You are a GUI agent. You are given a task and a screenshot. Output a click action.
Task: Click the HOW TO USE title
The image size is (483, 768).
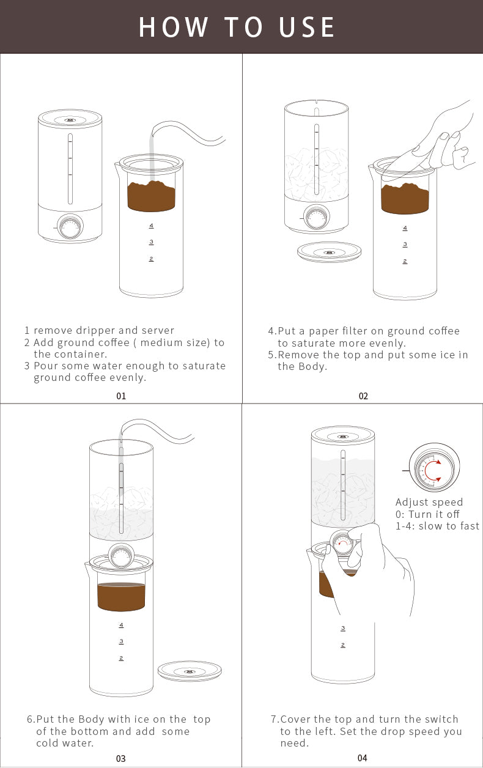point(237,27)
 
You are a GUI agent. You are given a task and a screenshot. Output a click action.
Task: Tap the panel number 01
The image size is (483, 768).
point(121,396)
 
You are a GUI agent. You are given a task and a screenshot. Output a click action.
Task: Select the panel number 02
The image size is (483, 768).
point(363,396)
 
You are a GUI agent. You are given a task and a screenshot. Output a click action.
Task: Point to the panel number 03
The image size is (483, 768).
point(120,758)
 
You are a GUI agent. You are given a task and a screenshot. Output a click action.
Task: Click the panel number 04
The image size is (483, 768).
point(362,758)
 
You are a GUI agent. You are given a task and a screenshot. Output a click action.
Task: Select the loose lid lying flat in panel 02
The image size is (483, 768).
point(329,251)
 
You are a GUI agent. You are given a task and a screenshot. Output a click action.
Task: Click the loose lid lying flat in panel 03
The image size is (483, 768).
point(190,670)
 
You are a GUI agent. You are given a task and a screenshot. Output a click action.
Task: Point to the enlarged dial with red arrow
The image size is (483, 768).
point(433,469)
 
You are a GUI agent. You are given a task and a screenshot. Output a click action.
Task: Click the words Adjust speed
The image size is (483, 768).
point(429,502)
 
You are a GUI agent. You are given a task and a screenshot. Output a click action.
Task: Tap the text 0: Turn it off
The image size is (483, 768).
point(427,514)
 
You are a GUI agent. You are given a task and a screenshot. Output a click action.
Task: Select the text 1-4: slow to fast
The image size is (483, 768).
point(437,526)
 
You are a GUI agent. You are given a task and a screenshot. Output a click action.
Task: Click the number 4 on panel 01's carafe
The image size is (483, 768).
point(151,226)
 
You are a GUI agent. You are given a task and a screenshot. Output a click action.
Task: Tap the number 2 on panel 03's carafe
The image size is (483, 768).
point(121,658)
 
